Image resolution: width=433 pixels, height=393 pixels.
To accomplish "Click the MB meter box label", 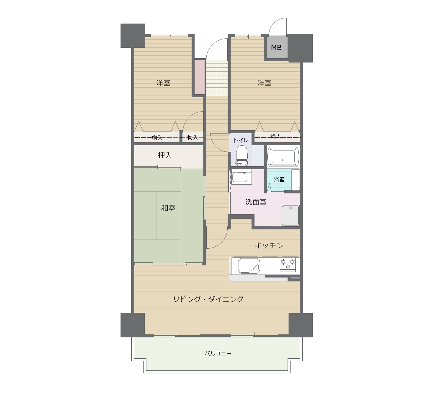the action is tap(276, 48).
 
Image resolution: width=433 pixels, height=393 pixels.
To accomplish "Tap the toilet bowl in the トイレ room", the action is tap(241, 155).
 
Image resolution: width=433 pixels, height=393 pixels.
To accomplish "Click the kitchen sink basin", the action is tap(249, 266).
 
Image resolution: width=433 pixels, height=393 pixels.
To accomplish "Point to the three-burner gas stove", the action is tap(288, 265).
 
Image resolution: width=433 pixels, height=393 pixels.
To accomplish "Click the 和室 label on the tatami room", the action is tap(168, 208).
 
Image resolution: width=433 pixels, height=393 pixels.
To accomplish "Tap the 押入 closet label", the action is tap(165, 155).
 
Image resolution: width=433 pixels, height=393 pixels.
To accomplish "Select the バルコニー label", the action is tap(218, 353).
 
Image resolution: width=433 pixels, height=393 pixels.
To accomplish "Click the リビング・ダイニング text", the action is tap(208, 299).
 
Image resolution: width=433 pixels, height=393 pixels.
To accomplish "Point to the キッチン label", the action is tap(269, 245).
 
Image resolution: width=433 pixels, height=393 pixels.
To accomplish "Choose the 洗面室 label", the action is tap(256, 202).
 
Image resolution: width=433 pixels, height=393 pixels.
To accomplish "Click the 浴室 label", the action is tap(279, 179).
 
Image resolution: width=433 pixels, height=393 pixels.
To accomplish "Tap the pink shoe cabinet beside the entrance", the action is tap(200, 77).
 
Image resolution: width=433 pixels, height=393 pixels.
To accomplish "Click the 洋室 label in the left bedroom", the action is tap(163, 83).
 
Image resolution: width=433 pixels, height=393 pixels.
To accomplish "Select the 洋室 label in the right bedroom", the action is tap(264, 83).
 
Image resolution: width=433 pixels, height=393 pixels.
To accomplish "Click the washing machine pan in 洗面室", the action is tap(290, 216).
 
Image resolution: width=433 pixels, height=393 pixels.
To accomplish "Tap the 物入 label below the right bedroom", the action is tap(275, 136).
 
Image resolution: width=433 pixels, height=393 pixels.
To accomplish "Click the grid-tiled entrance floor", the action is tap(216, 78).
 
